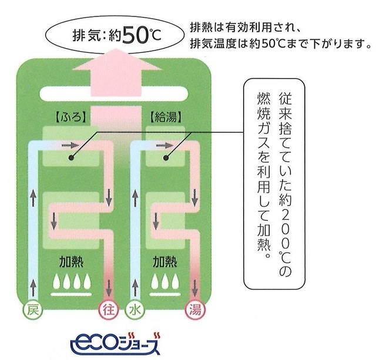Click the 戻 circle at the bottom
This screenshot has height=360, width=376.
point(33,311)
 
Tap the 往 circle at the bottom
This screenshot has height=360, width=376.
point(109,311)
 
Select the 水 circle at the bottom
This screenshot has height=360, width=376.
point(135,311)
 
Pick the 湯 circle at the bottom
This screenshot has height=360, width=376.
point(196,311)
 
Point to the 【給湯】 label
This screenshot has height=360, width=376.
point(166,117)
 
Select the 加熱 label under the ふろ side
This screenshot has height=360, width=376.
point(71,261)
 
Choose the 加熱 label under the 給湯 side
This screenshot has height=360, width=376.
point(165,261)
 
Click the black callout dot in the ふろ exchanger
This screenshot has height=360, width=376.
point(71,158)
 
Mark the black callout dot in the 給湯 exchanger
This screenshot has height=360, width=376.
point(166,158)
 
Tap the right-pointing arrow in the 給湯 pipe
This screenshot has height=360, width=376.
point(164,145)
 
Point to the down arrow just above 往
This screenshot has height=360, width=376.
point(109,288)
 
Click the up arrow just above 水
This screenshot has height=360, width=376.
point(135,288)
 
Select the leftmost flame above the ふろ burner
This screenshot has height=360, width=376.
point(56,281)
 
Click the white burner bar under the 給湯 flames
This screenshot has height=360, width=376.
point(165,294)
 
